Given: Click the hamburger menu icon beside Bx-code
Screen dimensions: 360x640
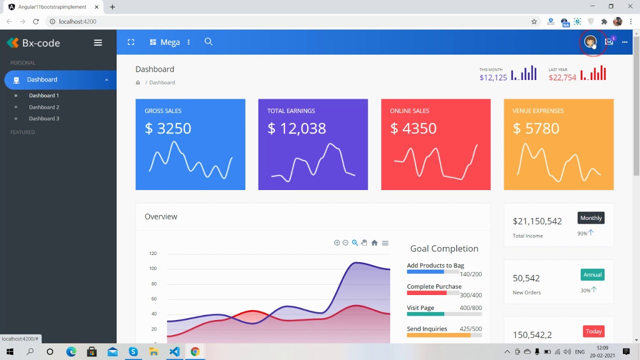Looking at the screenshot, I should pos(98,43).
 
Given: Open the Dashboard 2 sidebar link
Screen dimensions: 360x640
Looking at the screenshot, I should pos(44,107).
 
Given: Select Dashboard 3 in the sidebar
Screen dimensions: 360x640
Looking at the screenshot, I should pos(44,118).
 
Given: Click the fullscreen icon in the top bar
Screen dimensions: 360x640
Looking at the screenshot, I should pos(131,42).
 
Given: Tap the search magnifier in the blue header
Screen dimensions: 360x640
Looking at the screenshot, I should pos(208,42).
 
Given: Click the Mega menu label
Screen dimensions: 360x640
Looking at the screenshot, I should pos(170,42).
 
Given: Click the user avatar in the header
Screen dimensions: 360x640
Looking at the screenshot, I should pos(590,42).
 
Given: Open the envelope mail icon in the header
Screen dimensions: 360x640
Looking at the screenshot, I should pos(609,42).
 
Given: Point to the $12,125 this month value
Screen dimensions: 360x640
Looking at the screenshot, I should pos(493,77).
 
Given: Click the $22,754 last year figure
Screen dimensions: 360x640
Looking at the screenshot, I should pos(562,77).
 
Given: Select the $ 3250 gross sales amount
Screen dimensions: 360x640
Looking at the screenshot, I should pos(168,128).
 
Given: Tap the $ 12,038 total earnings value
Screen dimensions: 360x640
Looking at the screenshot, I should pos(296,128).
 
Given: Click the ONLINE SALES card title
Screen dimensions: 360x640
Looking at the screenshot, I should pos(409,111).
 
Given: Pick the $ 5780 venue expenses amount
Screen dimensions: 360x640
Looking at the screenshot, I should pos(536,128).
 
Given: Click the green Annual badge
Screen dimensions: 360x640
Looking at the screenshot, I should pos(592,274).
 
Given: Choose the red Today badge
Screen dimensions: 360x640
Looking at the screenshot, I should pos(593,331).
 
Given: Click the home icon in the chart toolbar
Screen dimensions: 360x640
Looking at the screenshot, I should pos(374,243).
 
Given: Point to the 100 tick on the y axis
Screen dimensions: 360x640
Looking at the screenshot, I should pos(153,268).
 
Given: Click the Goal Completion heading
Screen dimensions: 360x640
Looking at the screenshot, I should pos(444,248).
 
